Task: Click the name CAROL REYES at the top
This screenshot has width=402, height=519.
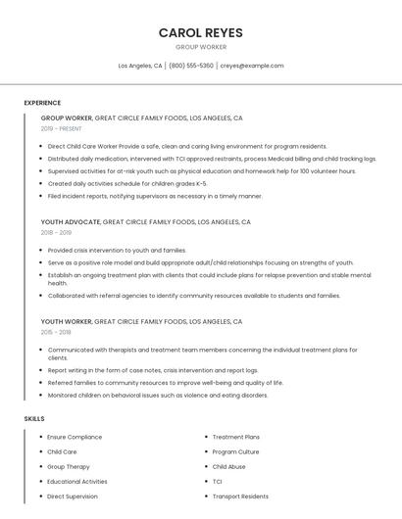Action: (x=200, y=32)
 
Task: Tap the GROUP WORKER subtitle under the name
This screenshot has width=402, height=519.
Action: (x=200, y=47)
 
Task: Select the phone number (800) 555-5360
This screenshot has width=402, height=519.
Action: (x=190, y=66)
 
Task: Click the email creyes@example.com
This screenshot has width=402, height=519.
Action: (x=252, y=66)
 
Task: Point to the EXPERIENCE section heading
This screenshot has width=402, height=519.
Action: (x=42, y=103)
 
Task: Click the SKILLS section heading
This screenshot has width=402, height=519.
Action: (x=34, y=419)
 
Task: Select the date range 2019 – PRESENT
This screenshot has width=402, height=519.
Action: (x=62, y=128)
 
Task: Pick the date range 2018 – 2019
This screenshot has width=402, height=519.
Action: (x=56, y=233)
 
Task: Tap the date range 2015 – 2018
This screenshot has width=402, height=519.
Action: (x=56, y=332)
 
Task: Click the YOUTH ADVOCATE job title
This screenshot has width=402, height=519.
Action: (x=70, y=222)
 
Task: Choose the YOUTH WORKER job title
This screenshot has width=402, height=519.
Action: (x=67, y=321)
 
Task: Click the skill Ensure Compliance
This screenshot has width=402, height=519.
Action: (x=75, y=437)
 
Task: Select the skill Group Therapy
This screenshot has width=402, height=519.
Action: (x=69, y=466)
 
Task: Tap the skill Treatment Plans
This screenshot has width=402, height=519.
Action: (x=236, y=437)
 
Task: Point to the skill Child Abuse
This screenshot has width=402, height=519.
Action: (x=229, y=466)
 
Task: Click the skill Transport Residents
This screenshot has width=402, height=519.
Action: (x=240, y=496)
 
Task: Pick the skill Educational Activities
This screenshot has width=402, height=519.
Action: (x=77, y=482)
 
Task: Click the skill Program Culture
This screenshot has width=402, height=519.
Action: (x=236, y=451)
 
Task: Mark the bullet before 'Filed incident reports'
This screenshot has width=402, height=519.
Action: (x=42, y=196)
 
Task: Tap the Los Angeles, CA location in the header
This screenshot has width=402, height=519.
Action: (x=140, y=66)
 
